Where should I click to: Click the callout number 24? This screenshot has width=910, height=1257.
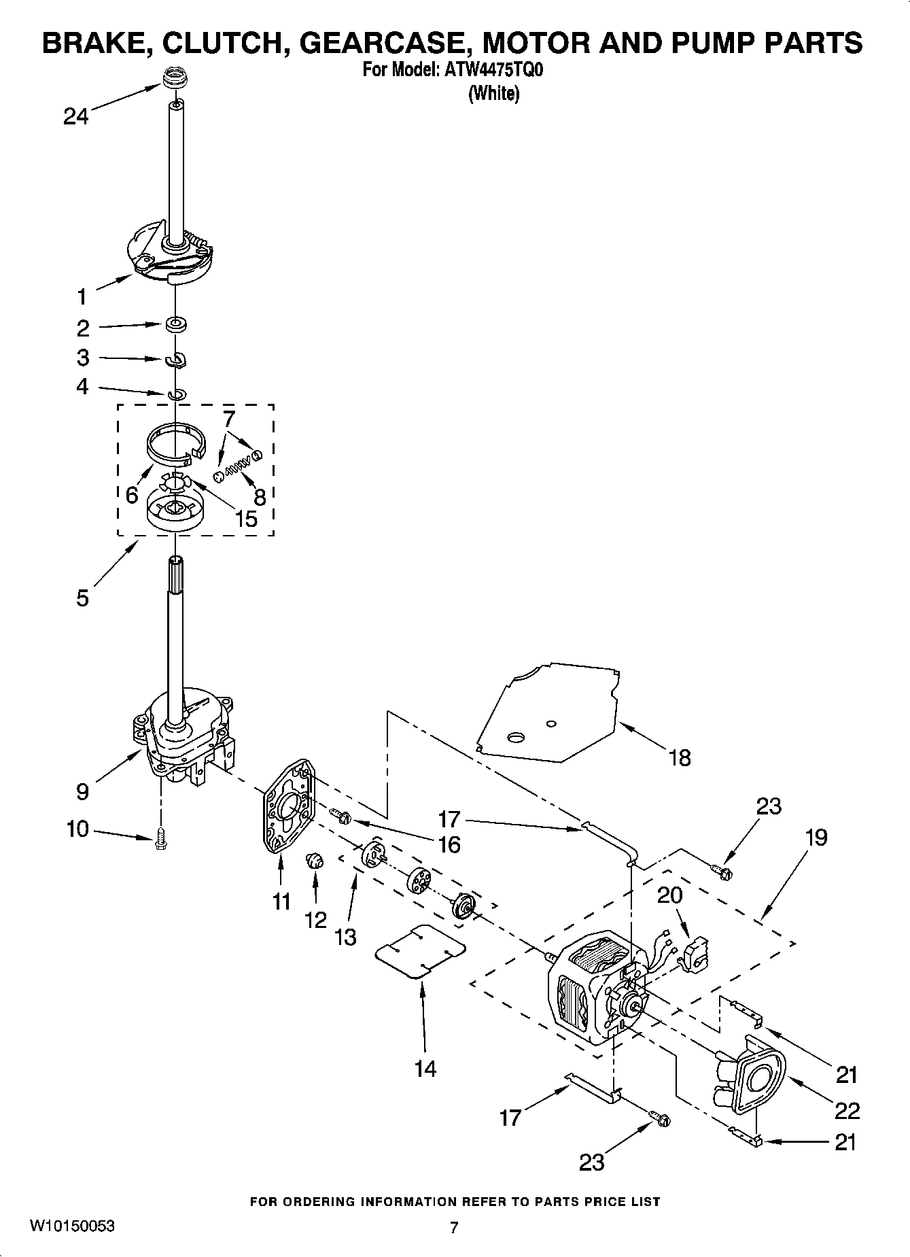75,117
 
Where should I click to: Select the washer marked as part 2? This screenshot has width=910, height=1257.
176,324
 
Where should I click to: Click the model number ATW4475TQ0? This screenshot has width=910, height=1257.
493,70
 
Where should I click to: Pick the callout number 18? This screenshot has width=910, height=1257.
680,757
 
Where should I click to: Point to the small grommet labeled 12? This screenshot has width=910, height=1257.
315,861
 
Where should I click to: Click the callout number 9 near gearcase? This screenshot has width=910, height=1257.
82,791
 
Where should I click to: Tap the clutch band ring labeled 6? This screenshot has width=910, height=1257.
175,443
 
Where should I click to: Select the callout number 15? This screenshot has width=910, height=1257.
246,519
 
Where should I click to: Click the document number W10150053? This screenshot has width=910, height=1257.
72,1226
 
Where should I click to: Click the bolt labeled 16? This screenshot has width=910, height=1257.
338,813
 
